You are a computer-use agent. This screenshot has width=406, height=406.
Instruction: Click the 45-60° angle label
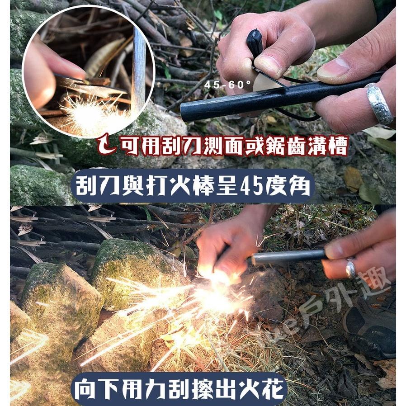point(227,85)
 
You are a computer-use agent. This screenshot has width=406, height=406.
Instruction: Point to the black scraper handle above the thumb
point(254,43)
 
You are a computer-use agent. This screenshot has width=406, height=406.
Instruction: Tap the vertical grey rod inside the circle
point(138,68)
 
